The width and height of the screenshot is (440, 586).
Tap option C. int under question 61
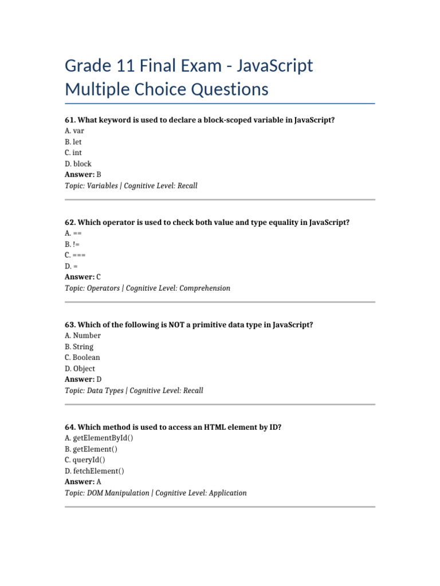(73, 153)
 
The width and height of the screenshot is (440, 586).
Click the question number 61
(70, 120)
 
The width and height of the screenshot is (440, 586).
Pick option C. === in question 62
(75, 255)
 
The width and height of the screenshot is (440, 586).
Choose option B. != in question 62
(73, 244)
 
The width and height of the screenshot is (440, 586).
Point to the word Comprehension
(205, 288)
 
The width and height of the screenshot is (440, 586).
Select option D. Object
(80, 369)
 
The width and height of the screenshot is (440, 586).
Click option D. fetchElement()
(95, 471)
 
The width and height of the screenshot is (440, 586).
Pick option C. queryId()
(85, 460)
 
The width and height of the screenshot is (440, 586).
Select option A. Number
(82, 335)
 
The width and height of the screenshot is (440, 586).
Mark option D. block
(78, 164)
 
